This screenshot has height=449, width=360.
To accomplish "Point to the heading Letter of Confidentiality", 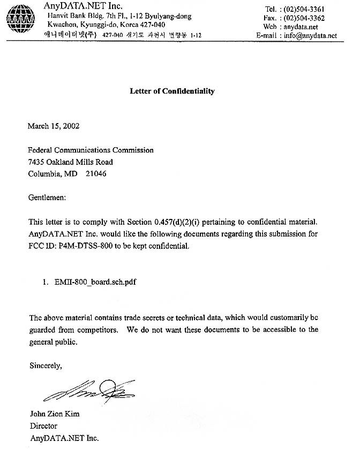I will (172, 91).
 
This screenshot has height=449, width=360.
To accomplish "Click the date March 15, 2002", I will (54, 126).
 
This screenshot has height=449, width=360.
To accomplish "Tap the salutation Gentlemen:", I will (47, 197).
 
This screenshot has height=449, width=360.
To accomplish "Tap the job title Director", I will (43, 426).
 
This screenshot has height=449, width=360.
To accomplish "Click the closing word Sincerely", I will (46, 366).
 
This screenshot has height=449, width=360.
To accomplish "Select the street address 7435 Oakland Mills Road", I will (70, 162).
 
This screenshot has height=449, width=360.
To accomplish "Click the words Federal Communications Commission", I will (91, 150).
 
